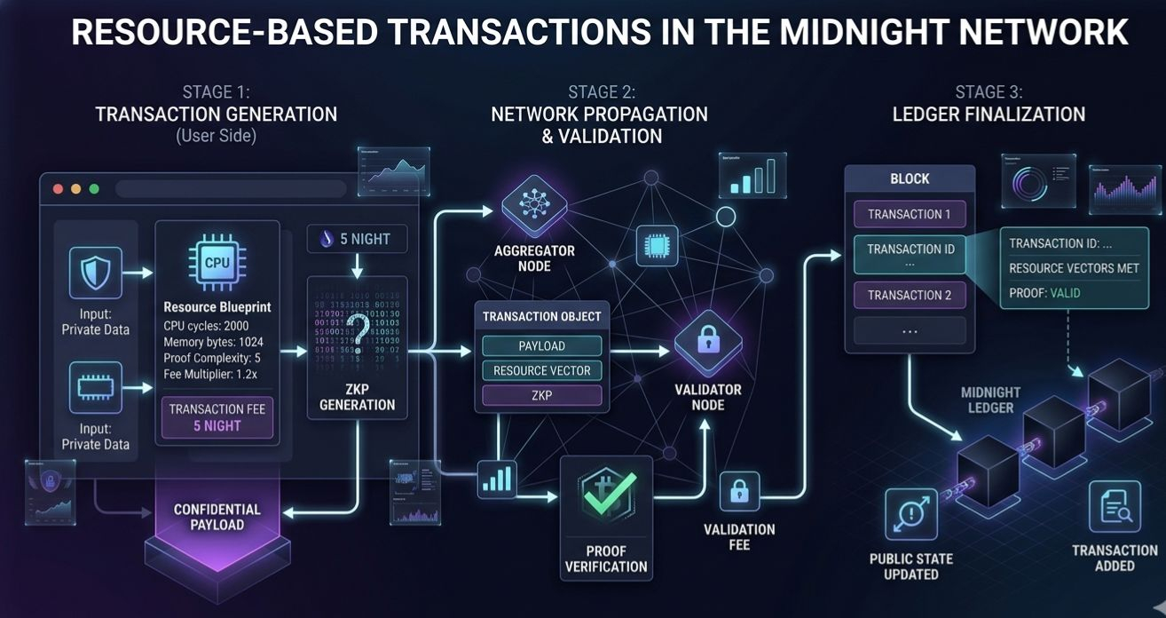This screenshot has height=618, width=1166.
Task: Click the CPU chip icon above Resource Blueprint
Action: click(x=217, y=264)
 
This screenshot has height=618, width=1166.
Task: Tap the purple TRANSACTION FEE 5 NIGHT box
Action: click(x=217, y=417)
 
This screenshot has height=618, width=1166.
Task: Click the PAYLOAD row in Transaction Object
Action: click(x=541, y=345)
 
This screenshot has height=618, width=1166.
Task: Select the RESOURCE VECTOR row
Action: click(x=541, y=370)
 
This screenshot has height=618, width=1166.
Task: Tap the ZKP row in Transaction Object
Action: click(x=541, y=395)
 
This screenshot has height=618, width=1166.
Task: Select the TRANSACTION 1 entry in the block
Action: click(x=910, y=214)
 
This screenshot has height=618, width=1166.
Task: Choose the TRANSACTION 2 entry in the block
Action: click(x=910, y=295)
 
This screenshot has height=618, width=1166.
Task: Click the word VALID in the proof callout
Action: click(x=1065, y=292)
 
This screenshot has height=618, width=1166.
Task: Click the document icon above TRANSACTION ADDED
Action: click(x=1115, y=506)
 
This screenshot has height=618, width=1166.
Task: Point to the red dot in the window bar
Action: click(x=59, y=189)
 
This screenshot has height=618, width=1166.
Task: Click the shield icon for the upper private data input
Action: click(x=95, y=274)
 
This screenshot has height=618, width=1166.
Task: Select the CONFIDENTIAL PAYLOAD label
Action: click(x=217, y=517)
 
